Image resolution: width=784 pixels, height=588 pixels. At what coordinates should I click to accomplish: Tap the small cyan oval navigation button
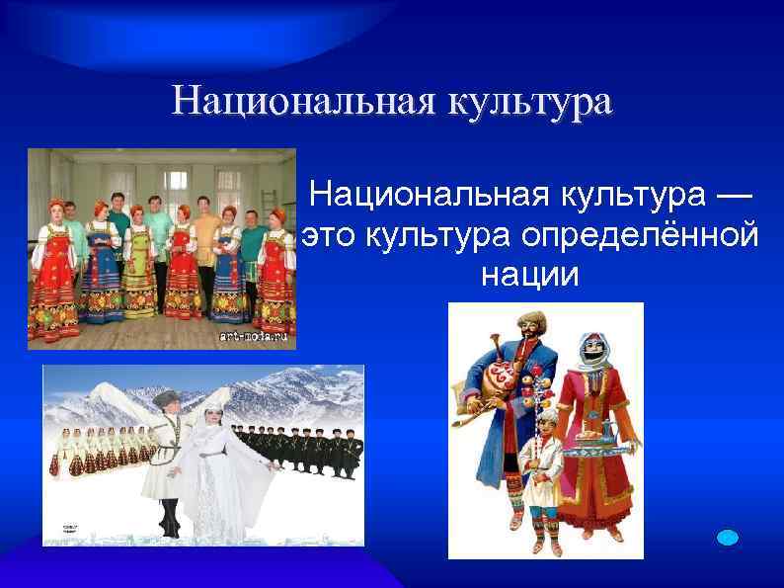click(x=727, y=537)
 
